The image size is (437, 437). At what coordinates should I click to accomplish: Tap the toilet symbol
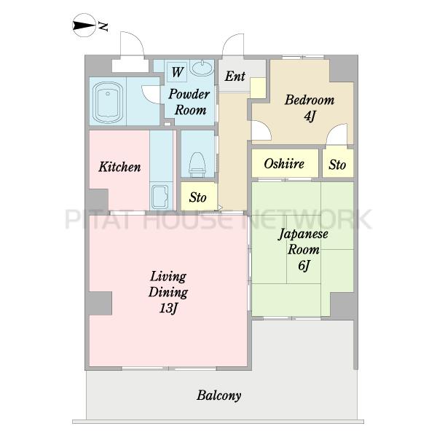[197, 165]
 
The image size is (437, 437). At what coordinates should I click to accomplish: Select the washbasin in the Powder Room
[202, 68]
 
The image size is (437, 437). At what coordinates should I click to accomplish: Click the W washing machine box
[177, 72]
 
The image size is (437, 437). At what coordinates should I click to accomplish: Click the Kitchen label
[119, 167]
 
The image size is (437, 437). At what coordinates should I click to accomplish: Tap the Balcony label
[219, 395]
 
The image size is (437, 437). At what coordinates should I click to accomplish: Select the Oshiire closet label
[284, 163]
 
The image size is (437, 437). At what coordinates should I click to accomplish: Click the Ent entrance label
[235, 76]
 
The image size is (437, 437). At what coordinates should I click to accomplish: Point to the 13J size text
[168, 308]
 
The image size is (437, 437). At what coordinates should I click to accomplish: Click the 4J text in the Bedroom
[310, 116]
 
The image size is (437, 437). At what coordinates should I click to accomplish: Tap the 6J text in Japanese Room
[304, 265]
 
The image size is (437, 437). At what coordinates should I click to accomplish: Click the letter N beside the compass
[103, 26]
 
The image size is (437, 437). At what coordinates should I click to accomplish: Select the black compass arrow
[84, 25]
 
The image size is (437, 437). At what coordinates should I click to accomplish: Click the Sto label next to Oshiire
[337, 165]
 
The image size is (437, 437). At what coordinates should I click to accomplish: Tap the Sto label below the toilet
[197, 197]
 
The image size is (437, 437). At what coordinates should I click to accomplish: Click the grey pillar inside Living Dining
[101, 303]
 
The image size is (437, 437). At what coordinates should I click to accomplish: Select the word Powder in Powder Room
[189, 94]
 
